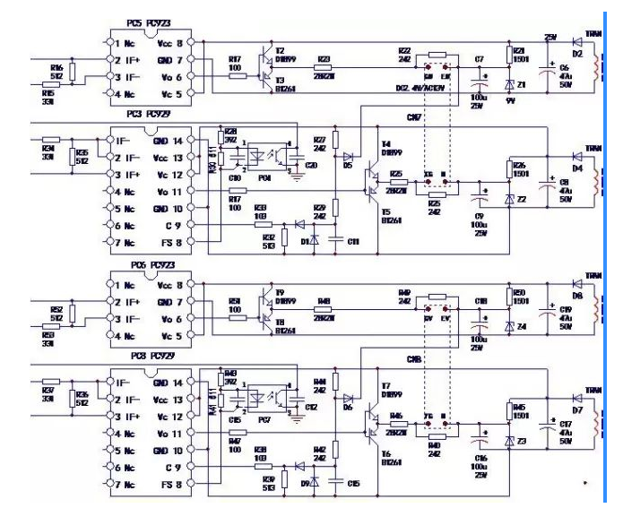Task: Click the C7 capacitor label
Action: coord(479,59)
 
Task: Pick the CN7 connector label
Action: coord(414,116)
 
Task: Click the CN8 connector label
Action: coord(414,358)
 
